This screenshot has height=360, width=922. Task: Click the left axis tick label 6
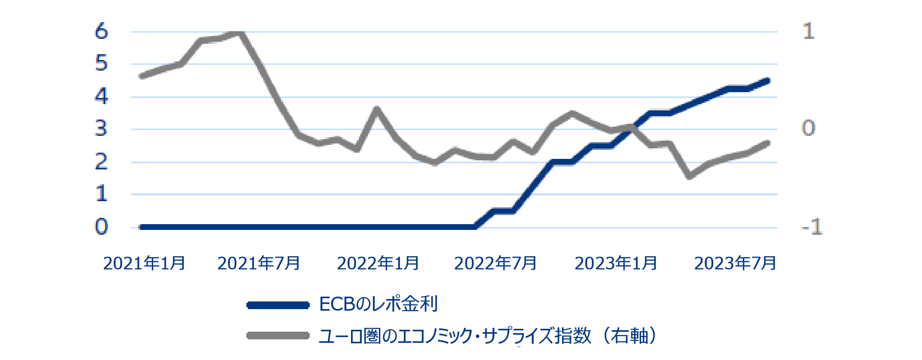coord(101,32)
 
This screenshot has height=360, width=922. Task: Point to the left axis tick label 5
coord(101,64)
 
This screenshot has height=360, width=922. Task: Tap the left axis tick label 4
coord(101,97)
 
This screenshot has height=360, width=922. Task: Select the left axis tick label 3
coord(101,129)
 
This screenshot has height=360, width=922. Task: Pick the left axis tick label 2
coord(101,162)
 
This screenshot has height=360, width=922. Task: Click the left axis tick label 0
coord(101,227)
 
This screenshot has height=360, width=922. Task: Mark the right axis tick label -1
coord(812,227)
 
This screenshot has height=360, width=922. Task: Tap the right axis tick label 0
coord(809,129)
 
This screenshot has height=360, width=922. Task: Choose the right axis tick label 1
coord(809,32)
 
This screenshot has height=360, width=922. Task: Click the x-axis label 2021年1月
coord(144,264)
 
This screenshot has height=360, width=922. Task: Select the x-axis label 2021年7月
coord(258,264)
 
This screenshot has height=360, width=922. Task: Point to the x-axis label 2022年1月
coord(378,264)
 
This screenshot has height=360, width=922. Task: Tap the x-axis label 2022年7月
coord(495,264)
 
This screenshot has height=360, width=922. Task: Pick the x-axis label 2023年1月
coord(616,264)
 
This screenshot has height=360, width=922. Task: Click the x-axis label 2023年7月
coord(735,264)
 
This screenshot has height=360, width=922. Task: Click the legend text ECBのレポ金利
coord(378,304)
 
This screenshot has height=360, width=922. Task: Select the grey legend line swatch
coord(278,336)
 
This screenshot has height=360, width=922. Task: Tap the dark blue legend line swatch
coord(278,305)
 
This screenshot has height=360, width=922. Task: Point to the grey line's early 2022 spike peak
coord(376,109)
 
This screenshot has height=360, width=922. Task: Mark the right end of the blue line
coord(767,81)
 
